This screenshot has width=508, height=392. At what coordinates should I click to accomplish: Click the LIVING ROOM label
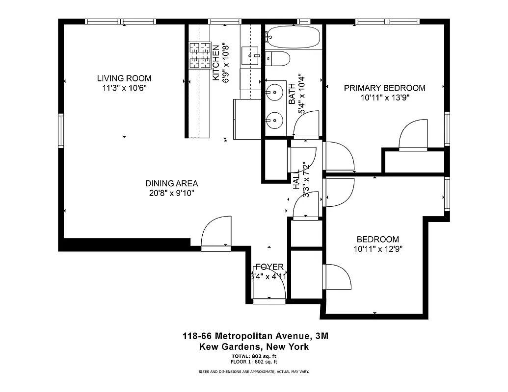tap(124, 78)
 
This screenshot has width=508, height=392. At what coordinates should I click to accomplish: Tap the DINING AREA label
tap(171, 183)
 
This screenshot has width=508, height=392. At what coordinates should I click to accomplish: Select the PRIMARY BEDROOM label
tap(384, 88)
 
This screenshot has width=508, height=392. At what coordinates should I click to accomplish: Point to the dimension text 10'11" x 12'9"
tap(377, 249)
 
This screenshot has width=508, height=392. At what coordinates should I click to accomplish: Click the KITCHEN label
tap(215, 63)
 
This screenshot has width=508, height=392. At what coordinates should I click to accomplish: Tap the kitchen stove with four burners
tap(199, 55)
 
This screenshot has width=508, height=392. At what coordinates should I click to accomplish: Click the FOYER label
tap(269, 267)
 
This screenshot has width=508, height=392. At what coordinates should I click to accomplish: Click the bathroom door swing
tap(306, 124)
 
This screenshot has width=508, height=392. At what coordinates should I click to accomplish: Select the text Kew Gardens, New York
tap(254, 346)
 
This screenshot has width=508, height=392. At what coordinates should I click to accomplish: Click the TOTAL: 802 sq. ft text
tap(254, 356)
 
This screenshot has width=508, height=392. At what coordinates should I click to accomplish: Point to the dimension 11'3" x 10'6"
tap(124, 88)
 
